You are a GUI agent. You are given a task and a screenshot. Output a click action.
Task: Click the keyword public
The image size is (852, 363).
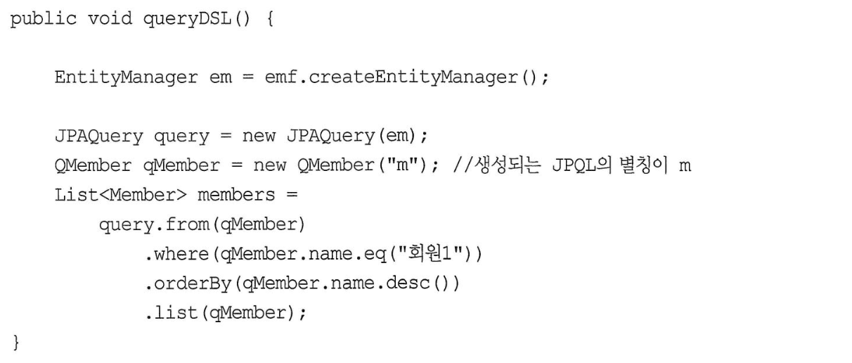(44, 19)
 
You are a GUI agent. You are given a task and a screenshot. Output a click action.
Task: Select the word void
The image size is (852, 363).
(110, 18)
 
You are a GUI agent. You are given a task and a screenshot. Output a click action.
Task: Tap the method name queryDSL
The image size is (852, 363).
(188, 19)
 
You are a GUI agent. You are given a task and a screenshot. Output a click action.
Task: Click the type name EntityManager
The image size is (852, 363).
(126, 78)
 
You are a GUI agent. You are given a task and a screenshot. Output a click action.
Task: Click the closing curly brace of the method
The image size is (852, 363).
(16, 343)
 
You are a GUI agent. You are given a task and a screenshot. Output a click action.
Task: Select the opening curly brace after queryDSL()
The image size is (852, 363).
(270, 19)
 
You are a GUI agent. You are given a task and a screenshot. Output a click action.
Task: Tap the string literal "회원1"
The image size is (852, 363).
(430, 253)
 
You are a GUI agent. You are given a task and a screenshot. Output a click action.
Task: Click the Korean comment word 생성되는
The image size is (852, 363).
(508, 165)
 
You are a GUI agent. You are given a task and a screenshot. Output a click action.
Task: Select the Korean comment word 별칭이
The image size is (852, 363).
(643, 165)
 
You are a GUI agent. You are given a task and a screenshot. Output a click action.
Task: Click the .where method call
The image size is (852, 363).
(177, 253)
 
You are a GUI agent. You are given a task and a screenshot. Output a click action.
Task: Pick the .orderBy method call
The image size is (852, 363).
(188, 284)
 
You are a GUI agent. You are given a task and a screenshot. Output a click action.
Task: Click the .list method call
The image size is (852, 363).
(172, 313)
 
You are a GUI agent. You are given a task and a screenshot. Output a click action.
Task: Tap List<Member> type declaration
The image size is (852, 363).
(121, 195)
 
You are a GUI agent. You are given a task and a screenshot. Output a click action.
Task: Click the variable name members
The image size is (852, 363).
(236, 195)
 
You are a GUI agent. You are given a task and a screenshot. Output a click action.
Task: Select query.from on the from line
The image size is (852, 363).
(155, 224)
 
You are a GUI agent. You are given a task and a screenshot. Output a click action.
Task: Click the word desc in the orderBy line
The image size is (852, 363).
(407, 283)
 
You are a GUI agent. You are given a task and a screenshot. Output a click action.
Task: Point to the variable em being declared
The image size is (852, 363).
(220, 78)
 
